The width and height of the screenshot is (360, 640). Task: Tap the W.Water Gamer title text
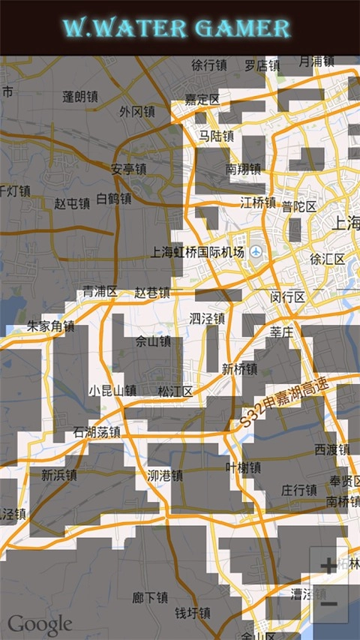tap(176, 29)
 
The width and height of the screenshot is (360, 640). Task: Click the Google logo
tap(40, 624)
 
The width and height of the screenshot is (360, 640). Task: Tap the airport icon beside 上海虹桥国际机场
tap(256, 251)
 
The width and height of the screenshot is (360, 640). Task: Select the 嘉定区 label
tap(202, 99)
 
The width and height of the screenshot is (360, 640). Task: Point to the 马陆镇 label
tap(216, 136)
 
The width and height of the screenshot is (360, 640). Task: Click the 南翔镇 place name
tap(243, 169)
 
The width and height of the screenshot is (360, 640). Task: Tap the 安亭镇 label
tap(127, 169)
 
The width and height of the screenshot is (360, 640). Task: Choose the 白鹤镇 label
tap(114, 199)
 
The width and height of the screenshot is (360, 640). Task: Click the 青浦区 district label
tap(100, 291)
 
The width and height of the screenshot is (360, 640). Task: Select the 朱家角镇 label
tap(50, 326)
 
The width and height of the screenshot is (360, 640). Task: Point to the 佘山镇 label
tap(153, 341)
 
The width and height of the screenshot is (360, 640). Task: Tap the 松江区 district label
tap(175, 391)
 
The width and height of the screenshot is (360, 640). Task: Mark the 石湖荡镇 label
tap(97, 431)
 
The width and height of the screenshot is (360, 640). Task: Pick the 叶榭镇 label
tap(243, 467)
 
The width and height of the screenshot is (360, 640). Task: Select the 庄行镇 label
tap(298, 489)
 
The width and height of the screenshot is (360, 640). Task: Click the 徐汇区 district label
tap(327, 260)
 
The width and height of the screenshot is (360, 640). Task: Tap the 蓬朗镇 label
tap(80, 96)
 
